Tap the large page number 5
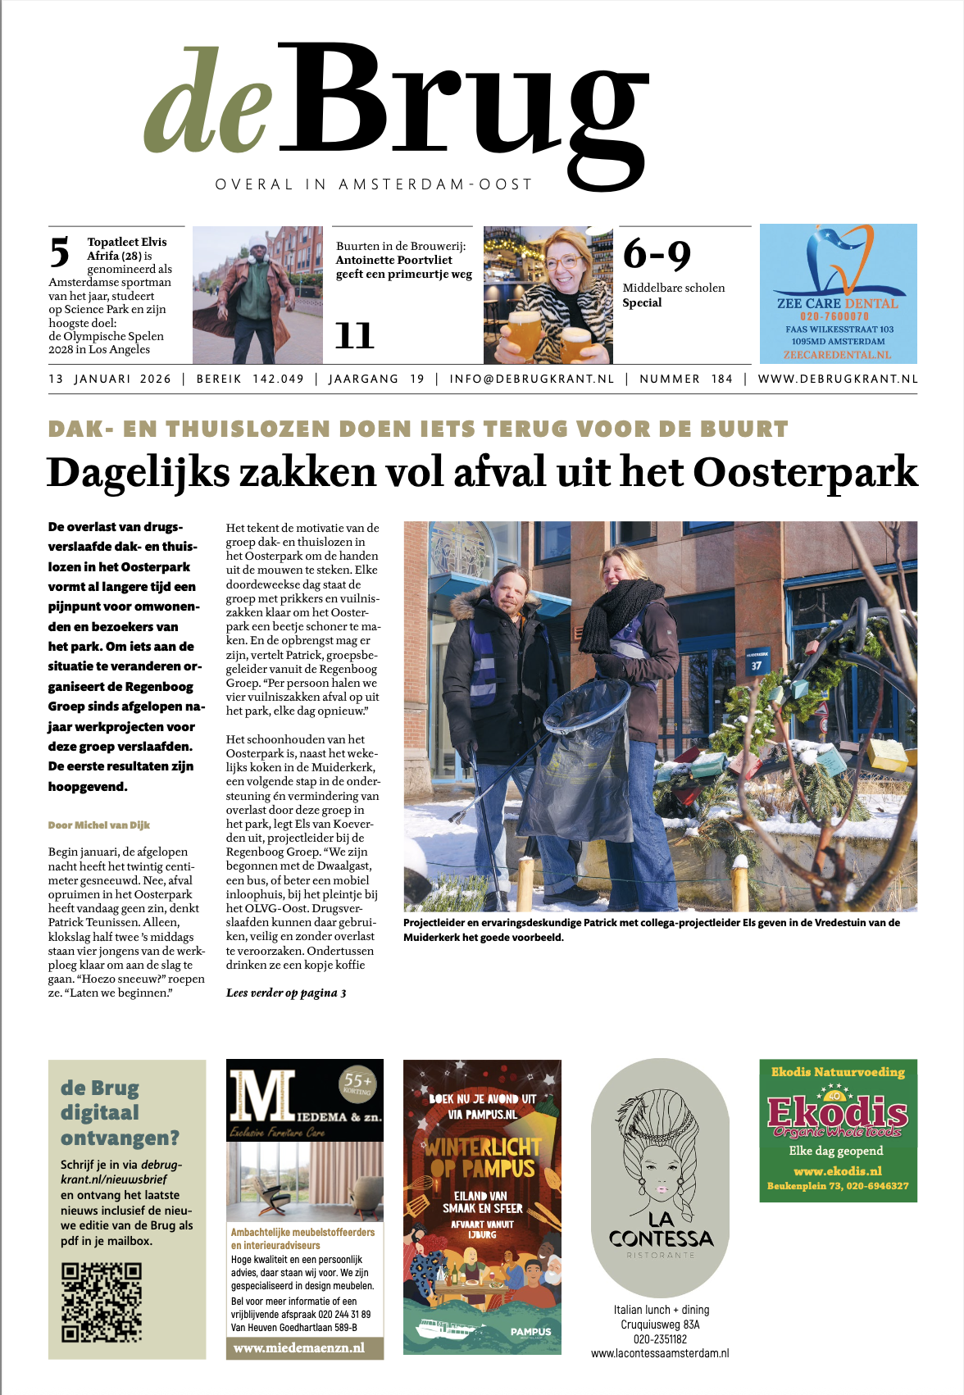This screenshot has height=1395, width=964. (60, 252)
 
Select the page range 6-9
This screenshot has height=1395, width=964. (657, 254)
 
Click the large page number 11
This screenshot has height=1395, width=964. (354, 335)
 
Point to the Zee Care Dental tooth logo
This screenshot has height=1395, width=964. (839, 262)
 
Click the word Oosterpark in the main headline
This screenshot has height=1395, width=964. (805, 472)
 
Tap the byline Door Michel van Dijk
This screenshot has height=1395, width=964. (99, 825)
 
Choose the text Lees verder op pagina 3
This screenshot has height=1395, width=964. (286, 993)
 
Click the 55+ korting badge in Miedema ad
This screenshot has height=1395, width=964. (357, 1084)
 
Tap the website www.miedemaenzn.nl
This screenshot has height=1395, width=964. (299, 1347)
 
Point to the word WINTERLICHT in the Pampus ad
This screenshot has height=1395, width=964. (482, 1147)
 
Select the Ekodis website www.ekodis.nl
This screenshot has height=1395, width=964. (838, 1170)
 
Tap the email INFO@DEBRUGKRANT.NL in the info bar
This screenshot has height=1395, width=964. (531, 379)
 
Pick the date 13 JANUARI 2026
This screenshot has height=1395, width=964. (110, 379)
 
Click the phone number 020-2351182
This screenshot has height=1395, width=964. (660, 1338)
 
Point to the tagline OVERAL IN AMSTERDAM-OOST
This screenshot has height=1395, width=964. (374, 184)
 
